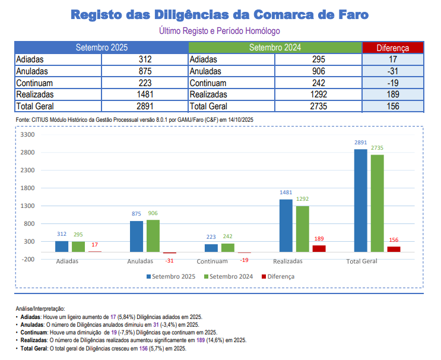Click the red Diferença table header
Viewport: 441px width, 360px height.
tap(392, 48)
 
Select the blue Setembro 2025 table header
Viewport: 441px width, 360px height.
tap(101, 48)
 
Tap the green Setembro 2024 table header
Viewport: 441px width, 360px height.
tap(275, 48)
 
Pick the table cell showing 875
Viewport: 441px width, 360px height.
tap(145, 71)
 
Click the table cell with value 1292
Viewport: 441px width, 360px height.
tap(318, 94)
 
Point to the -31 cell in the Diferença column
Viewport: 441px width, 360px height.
tap(392, 71)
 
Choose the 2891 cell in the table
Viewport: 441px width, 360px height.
tap(145, 106)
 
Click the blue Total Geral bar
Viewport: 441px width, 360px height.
tap(360, 200)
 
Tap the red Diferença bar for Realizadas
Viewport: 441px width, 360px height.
tap(319, 249)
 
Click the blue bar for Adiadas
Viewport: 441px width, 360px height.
tap(62, 247)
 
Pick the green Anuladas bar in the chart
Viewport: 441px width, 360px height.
tap(153, 236)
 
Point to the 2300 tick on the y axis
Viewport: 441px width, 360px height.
tap(28, 170)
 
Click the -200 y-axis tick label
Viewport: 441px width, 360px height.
tap(28, 260)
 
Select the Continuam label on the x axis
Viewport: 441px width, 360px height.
tap(212, 261)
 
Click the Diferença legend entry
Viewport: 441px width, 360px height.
tap(280, 276)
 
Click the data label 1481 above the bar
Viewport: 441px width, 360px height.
tap(286, 192)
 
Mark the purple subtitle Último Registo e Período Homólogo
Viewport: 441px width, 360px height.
tap(220, 30)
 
